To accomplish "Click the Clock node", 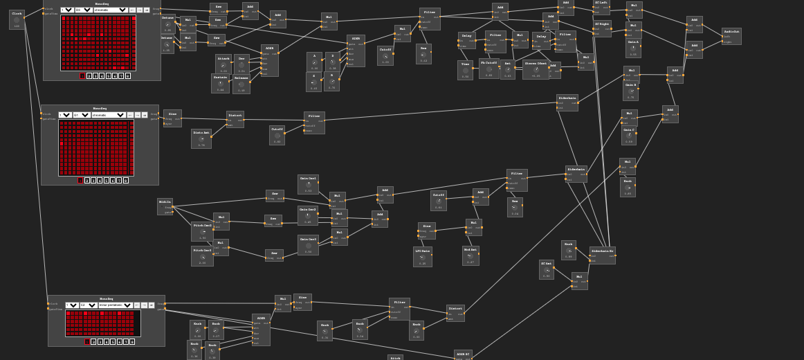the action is pos(17,19).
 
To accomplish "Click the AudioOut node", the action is pos(731,36).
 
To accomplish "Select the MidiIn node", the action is pos(165,207).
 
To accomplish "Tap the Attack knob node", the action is pos(223,64).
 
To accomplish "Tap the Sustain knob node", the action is pos(220,83).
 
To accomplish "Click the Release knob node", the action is pos(241,84).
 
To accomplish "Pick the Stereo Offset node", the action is pos(536,69).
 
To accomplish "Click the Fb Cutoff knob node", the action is pos(488,69).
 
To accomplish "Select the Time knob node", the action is pos(465,70).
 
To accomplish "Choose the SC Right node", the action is pos(602,28).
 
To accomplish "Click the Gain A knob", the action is pos(632,48).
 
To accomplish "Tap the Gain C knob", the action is pos(628,135).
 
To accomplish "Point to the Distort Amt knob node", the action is pos(201,138).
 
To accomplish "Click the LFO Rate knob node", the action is pos(422,257).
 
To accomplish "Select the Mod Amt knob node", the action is pos(470,255).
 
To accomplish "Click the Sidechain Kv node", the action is pos(602,255).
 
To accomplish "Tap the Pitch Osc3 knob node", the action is pos(202,256).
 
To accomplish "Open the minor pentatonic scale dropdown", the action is pos(115,305).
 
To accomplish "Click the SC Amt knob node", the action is pos(546,270).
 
